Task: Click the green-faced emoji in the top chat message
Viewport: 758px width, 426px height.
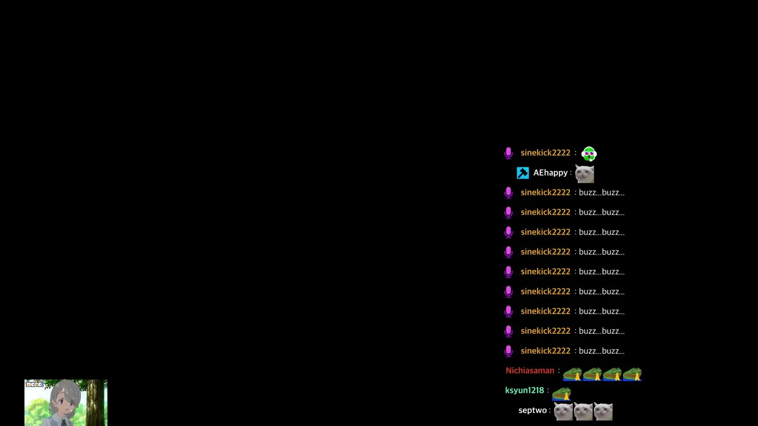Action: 589,153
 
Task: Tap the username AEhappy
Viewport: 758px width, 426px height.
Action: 550,173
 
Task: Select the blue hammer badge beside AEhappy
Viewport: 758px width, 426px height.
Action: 522,173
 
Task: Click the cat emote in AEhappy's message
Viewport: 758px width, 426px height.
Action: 584,174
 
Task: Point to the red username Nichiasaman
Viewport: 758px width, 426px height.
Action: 530,370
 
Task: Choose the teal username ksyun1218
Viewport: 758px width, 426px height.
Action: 525,390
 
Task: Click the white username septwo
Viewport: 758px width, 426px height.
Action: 532,410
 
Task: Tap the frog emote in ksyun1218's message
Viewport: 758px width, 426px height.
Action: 562,394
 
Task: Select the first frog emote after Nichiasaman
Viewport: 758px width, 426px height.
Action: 573,375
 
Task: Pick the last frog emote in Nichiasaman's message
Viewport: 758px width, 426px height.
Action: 632,375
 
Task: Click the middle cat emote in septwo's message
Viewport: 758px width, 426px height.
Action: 583,411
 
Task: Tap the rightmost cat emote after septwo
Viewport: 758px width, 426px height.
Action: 603,411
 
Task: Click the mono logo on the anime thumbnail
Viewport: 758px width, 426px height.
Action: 34,384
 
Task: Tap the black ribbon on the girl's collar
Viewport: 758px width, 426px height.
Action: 63,422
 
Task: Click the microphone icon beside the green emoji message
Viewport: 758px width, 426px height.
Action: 508,153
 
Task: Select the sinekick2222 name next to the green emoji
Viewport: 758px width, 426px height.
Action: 545,153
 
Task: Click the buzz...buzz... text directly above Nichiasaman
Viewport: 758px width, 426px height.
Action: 602,351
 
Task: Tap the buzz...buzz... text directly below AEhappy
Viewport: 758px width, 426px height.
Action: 602,192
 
